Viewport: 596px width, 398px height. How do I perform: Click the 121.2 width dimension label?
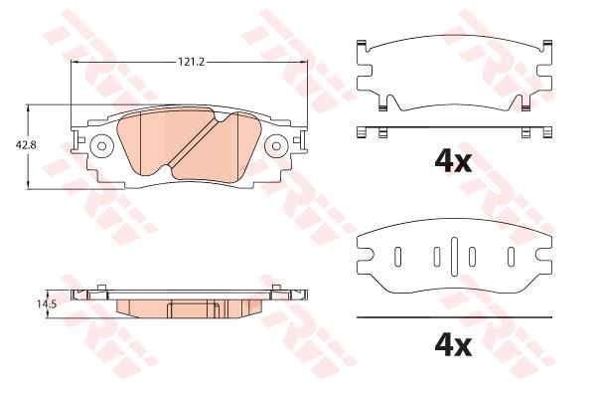point(192,62)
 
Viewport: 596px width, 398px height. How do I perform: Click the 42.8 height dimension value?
point(26,145)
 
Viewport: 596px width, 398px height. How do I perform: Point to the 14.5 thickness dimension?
point(47,303)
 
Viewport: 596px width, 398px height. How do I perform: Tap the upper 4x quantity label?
point(453,162)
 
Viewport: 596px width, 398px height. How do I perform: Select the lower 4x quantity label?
point(453,346)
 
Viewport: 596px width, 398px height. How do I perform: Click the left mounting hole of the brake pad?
point(102,146)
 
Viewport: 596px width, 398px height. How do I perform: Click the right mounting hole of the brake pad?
point(276,146)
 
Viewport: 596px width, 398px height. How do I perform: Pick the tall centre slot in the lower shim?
point(454,256)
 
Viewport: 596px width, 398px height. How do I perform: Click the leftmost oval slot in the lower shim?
point(397,257)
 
